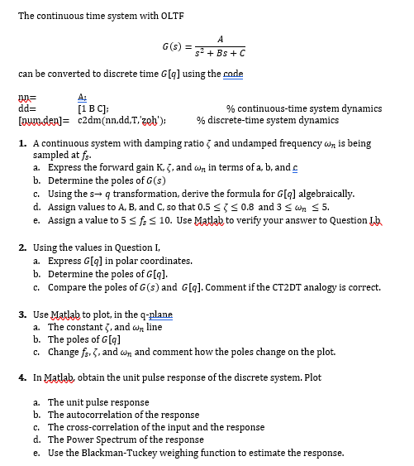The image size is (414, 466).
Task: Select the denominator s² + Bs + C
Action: [x=219, y=52]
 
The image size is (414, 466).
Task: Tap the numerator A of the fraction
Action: [x=219, y=37]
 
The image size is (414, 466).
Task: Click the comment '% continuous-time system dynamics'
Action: [x=304, y=108]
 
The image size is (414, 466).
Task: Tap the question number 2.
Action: [x=21, y=247]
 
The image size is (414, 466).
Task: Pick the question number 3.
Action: [x=21, y=315]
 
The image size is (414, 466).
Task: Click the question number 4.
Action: [x=21, y=377]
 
